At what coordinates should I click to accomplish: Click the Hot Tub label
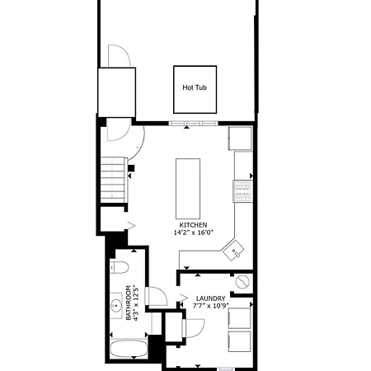pyautogui.click(x=195, y=87)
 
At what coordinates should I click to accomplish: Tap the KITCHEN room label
pyautogui.click(x=193, y=225)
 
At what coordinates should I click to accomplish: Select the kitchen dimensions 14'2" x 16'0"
pyautogui.click(x=194, y=232)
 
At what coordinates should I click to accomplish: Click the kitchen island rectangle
pyautogui.click(x=188, y=189)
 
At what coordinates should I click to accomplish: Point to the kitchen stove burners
pyautogui.click(x=243, y=191)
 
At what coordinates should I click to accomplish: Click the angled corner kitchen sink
pyautogui.click(x=233, y=250)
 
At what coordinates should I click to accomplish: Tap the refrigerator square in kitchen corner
pyautogui.click(x=240, y=139)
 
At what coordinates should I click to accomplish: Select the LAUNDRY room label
pyautogui.click(x=211, y=298)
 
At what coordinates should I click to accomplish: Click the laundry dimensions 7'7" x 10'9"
pyautogui.click(x=211, y=306)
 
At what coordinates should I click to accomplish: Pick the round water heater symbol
pyautogui.click(x=242, y=282)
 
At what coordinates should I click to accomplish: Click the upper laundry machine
pyautogui.click(x=239, y=318)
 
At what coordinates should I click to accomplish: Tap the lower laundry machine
pyautogui.click(x=239, y=341)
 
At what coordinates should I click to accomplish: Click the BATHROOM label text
pyautogui.click(x=129, y=303)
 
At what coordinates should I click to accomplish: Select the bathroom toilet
pyautogui.click(x=120, y=267)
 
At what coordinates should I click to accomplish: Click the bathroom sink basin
pyautogui.click(x=116, y=305)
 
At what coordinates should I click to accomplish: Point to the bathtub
pyautogui.click(x=129, y=349)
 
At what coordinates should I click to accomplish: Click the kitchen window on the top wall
pyautogui.click(x=194, y=123)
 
